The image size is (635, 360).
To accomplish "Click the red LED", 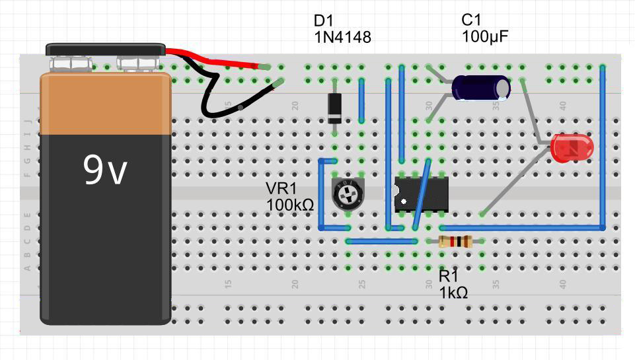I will pyautogui.click(x=572, y=148).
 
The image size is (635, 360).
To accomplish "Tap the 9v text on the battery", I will pyautogui.click(x=105, y=170).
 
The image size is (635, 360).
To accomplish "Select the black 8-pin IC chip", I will pyautogui.click(x=422, y=194).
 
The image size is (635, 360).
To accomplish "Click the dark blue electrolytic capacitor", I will pyautogui.click(x=477, y=88).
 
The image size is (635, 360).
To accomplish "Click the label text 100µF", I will pyautogui.click(x=485, y=37).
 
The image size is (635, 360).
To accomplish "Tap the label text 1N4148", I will pyautogui.click(x=342, y=38).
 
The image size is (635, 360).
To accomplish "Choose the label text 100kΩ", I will pyautogui.click(x=290, y=205).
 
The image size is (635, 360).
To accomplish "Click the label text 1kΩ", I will pyautogui.click(x=453, y=292).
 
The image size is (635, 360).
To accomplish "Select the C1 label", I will pyautogui.click(x=472, y=20).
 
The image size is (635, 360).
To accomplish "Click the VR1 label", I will pyautogui.click(x=280, y=189).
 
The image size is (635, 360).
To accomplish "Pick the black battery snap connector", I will pyautogui.click(x=105, y=50).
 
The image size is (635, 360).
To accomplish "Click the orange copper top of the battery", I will pyautogui.click(x=105, y=102).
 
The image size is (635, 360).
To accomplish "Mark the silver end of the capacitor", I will pyautogui.click(x=504, y=88).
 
